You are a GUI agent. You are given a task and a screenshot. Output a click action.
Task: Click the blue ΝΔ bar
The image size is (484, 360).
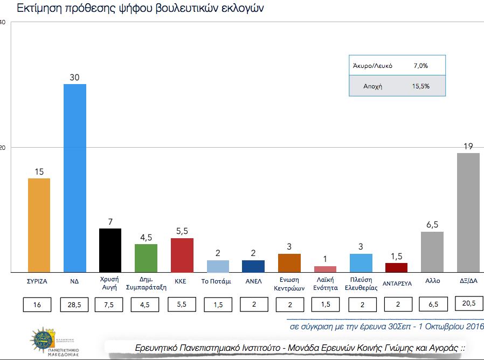coord(74,178)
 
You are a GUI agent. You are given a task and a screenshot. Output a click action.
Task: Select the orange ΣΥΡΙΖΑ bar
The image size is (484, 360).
coord(39,225)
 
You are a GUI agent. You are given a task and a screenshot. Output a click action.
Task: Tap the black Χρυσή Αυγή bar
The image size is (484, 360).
coord(110,250)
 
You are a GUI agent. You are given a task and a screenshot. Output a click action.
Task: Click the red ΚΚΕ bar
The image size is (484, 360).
coord(182,255)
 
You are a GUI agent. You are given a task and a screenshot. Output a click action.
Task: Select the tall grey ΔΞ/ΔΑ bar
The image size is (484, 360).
coord(468,212)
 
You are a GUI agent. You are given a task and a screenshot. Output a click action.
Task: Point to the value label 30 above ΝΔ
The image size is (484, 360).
coord(74,78)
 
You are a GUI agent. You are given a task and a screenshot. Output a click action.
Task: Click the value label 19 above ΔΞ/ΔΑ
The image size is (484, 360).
coord(468,146)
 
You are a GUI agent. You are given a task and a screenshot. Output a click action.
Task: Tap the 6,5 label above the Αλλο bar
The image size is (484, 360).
coord(432,225)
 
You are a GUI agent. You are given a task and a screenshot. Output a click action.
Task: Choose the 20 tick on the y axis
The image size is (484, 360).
coord(2,147)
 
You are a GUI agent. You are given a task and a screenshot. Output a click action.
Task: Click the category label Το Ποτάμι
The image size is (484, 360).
coord(217,282)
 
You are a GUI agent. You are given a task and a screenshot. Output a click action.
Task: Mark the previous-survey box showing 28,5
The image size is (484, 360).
coord(74,305)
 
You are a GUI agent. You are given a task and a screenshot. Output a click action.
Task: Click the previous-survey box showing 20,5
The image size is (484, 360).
coord(468,304)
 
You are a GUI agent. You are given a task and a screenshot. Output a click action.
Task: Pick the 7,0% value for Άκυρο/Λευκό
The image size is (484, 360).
coord(420,66)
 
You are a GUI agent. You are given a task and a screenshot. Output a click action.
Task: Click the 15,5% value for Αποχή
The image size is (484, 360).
coord(420,86)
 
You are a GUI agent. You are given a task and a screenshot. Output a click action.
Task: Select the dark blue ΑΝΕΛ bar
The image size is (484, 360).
coord(253,266)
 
